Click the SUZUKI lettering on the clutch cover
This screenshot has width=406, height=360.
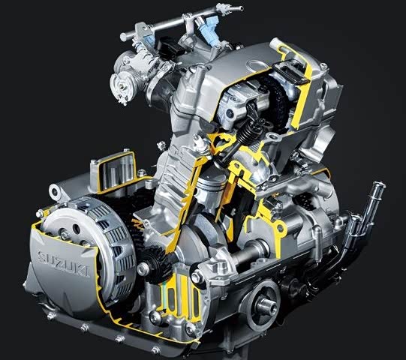pyautogui.click(x=64, y=263)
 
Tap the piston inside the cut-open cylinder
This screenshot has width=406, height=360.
pyautogui.click(x=211, y=187)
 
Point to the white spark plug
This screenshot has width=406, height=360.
pyautogui.click(x=200, y=143)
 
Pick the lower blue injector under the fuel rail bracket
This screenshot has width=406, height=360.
pyautogui.click(x=149, y=39)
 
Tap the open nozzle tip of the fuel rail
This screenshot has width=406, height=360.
pyautogui.click(x=242, y=8)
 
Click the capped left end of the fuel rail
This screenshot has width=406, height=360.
pyautogui.click(x=124, y=37)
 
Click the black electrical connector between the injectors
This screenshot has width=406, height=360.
pyautogui.click(x=170, y=47)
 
